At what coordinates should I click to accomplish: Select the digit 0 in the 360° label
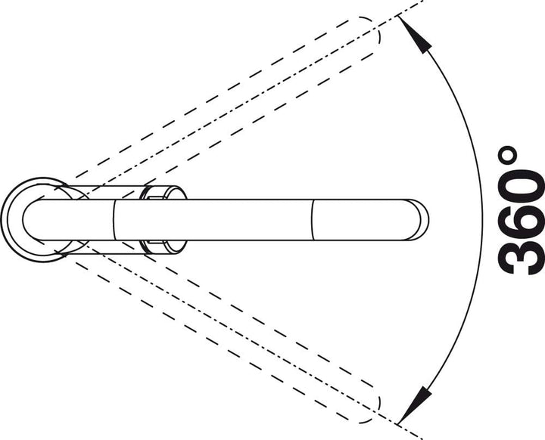(x=521, y=182)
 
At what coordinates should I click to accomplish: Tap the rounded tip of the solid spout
(x=422, y=219)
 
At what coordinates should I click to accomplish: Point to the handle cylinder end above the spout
(x=163, y=192)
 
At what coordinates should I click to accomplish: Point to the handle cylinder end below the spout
(x=163, y=247)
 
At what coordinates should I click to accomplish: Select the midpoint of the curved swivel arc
(x=482, y=220)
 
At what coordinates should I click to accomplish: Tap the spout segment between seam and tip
(x=362, y=219)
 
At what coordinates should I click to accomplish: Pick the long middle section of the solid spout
(x=213, y=219)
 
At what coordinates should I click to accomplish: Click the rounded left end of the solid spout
(x=24, y=219)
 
